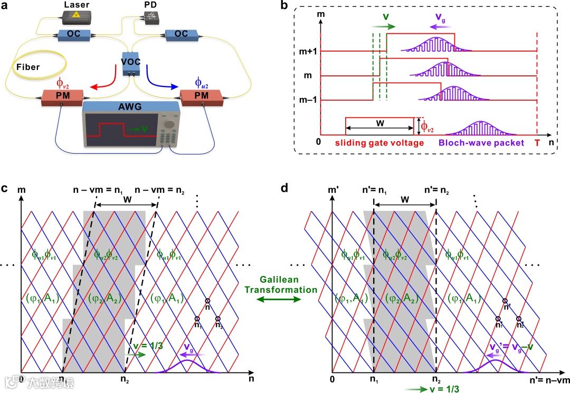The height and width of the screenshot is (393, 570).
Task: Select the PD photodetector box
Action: (150, 18)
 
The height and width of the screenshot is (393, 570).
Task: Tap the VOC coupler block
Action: (130, 63)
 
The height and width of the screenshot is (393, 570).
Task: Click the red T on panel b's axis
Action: (537, 142)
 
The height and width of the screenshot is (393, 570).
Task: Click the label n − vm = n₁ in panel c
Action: (96, 190)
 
